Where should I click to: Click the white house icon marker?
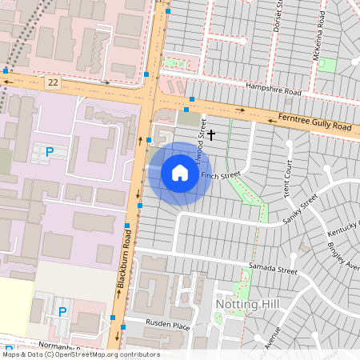point(180,173)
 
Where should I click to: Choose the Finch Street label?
point(221,175)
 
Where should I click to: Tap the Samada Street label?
point(272,269)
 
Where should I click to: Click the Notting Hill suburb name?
point(247,306)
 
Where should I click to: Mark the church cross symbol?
point(211,136)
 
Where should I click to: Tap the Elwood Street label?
point(203,136)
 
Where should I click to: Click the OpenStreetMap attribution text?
point(80,354)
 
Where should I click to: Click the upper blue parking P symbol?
point(50,151)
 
